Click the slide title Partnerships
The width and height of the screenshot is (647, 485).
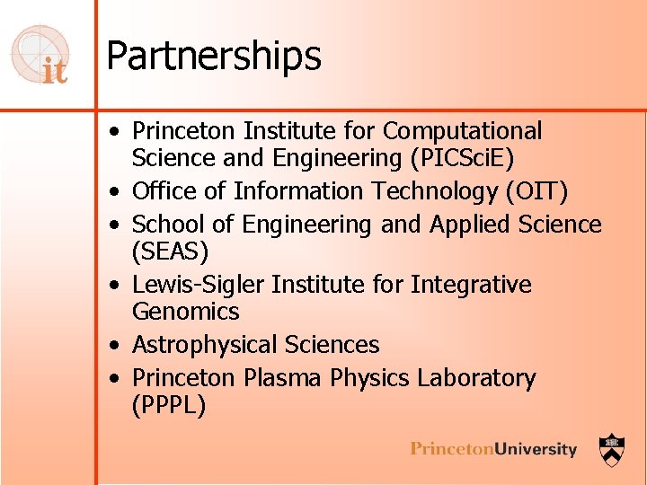tap(213, 56)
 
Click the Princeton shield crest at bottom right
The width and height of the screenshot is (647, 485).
tap(613, 446)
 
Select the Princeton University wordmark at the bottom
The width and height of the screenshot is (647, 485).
tap(493, 448)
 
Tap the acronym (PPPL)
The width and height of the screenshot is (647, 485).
tap(169, 405)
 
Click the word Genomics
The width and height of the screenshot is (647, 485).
tap(186, 312)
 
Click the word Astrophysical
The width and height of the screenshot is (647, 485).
tap(205, 345)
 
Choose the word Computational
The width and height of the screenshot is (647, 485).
tap(463, 131)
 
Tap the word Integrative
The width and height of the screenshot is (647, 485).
tap(471, 285)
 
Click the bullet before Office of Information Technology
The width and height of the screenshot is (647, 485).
tap(118, 192)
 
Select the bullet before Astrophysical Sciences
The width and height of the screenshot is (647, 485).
tap(118, 346)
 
